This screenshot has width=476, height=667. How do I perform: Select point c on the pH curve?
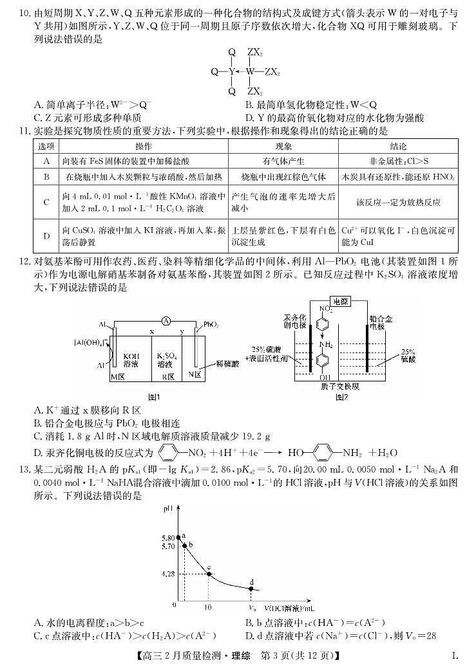tap(209, 573)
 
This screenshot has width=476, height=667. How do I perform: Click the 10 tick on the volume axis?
tap(208, 607)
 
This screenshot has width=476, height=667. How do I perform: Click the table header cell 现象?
tap(283, 147)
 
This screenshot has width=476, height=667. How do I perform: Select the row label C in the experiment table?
tap(46, 202)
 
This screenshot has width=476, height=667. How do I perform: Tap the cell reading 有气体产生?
tap(283, 161)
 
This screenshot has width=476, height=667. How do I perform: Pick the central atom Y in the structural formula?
tap(231, 72)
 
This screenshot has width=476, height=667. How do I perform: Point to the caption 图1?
tap(153, 396)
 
